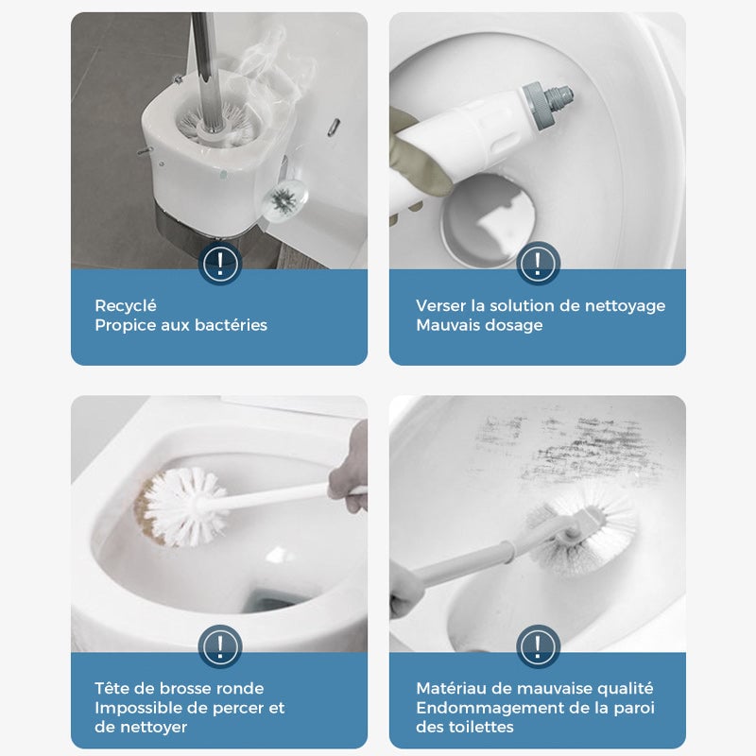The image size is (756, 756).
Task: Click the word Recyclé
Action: (126, 305)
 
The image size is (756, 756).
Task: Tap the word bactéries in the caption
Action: (232, 325)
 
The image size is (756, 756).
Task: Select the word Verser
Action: (439, 305)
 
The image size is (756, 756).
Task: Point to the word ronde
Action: (242, 688)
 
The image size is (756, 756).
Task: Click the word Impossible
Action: (136, 708)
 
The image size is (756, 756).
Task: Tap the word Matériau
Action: (450, 688)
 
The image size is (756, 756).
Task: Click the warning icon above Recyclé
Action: (219, 262)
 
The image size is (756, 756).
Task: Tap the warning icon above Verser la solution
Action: (537, 262)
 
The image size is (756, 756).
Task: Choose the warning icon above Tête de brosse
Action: (219, 646)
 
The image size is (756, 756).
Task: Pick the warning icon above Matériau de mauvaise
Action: (537, 646)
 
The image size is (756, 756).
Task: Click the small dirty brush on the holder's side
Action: (282, 199)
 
